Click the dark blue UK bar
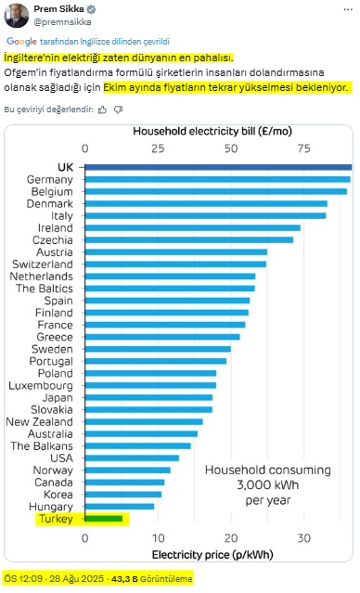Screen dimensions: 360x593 218,167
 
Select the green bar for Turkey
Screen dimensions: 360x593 104,519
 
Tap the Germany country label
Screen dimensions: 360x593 49,180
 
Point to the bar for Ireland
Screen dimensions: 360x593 192,227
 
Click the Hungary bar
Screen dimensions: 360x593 120,507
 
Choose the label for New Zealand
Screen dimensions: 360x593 39,421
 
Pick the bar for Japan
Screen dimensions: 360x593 148,397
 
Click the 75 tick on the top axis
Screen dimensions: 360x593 303,148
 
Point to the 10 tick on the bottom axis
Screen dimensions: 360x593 158,538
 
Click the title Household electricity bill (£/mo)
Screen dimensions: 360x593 212,131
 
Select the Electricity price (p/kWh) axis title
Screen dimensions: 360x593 212,555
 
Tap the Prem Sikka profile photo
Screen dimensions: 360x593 17,16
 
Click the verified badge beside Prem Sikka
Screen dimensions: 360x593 92,9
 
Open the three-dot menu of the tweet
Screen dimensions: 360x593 348,9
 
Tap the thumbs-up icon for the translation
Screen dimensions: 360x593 102,110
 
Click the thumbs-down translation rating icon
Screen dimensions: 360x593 119,110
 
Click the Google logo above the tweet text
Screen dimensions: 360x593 21,42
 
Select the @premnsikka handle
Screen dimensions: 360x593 62,22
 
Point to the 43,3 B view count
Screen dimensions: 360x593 124,579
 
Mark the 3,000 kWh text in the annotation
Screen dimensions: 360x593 268,484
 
